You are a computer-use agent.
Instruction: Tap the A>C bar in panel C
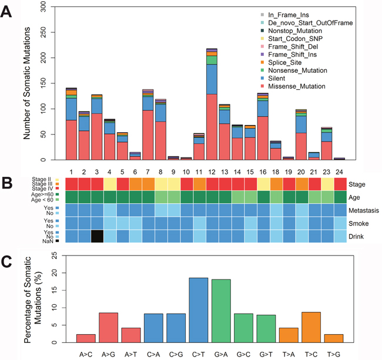click(85, 338)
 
